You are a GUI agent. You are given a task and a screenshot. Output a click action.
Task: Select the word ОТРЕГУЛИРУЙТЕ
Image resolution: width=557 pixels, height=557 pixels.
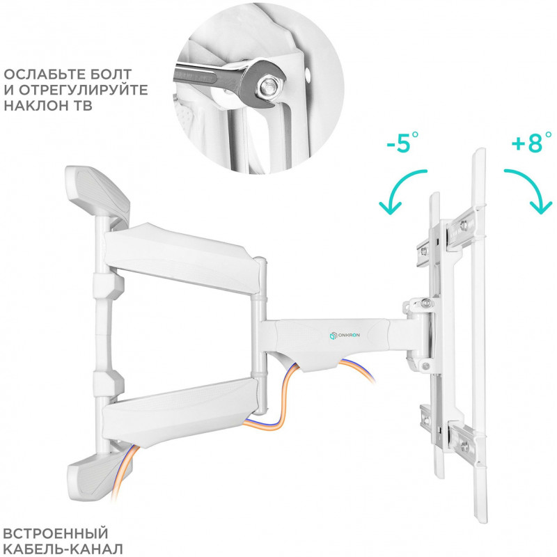coord(83,91)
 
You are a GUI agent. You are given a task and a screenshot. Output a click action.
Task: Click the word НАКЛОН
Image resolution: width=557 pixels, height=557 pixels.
coord(37,106)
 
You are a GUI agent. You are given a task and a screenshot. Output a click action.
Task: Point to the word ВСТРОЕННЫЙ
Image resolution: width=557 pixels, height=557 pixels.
coord(56,533)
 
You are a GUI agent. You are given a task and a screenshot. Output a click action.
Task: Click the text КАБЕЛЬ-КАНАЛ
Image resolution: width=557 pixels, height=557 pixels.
coord(63,549)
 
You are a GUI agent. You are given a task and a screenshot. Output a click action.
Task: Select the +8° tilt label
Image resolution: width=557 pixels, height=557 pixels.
coord(531,142)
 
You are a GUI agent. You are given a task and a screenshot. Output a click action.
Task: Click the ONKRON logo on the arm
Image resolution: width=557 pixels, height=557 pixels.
coord(345,335)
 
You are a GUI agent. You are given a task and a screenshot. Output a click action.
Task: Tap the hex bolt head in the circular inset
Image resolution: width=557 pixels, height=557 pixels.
coord(267,86)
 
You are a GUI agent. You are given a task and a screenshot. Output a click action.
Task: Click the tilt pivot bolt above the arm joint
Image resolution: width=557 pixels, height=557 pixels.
coord(425,304)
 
